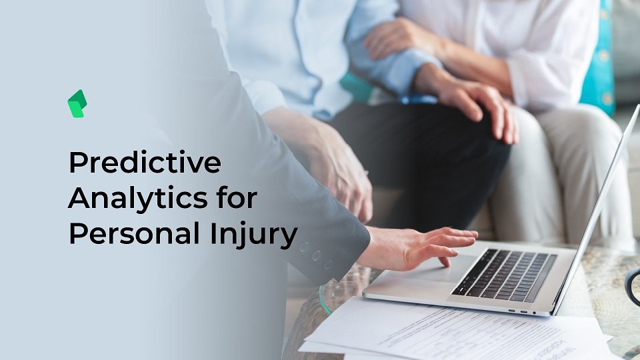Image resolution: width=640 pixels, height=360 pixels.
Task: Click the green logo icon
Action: coord(77,104)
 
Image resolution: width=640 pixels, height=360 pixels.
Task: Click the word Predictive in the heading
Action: coord(145,162)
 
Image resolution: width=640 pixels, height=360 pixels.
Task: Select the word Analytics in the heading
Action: coord(137,199)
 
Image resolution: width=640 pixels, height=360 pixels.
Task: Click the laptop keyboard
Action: coord(504,275)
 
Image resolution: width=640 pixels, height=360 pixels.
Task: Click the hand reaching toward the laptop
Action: coord(416,248)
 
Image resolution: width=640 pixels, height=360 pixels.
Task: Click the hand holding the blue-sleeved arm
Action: coord(393,39)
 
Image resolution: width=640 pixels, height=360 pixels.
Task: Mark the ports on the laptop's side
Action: coord(523,312)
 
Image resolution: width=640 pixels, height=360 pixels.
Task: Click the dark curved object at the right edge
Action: coord(633,287)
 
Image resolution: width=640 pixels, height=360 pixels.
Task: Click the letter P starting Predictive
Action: coord(78,163)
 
